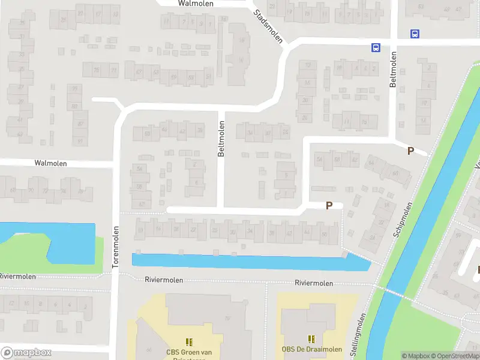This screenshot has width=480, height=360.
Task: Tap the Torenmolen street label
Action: (x=116, y=247)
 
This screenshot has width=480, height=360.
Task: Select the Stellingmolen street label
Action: (x=362, y=331)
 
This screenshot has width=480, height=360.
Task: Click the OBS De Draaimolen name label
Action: (x=312, y=350)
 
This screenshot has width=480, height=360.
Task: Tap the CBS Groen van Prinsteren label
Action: (x=190, y=353)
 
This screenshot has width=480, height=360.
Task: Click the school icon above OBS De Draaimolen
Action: (x=311, y=339)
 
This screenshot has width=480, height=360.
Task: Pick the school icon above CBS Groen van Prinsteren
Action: (x=190, y=342)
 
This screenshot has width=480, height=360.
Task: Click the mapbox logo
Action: (x=25, y=353)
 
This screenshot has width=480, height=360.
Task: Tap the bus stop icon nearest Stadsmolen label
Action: (x=376, y=47)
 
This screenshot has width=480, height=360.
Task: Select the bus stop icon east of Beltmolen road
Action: (x=415, y=34)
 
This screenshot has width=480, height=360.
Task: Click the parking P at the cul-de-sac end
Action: (x=329, y=206)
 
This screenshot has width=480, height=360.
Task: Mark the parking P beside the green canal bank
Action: (x=410, y=151)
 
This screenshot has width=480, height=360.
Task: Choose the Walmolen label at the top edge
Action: (x=196, y=3)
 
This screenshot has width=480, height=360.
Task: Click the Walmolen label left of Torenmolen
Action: (x=50, y=163)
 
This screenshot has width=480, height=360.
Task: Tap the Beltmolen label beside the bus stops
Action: (x=394, y=70)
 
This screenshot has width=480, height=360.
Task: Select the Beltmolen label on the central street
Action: (x=221, y=139)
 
